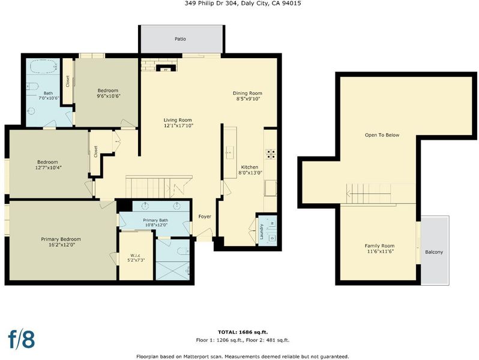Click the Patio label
click(x=180, y=39)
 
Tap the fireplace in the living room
click(x=166, y=68)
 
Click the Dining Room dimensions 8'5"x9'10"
click(x=248, y=99)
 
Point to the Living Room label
click(x=178, y=120)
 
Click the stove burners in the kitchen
click(x=270, y=154)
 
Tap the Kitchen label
click(x=250, y=167)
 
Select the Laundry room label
click(x=262, y=232)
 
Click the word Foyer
click(x=205, y=217)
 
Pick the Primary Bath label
click(x=155, y=220)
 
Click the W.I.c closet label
click(x=135, y=255)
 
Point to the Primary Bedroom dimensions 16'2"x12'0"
click(x=61, y=245)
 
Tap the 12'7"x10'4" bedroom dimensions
click(x=49, y=167)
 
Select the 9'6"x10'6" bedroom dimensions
click(x=108, y=96)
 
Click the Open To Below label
click(x=382, y=135)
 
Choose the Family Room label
click(x=379, y=246)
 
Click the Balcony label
click(x=434, y=252)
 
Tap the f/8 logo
click(x=22, y=339)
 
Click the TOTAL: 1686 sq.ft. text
click(x=243, y=332)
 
